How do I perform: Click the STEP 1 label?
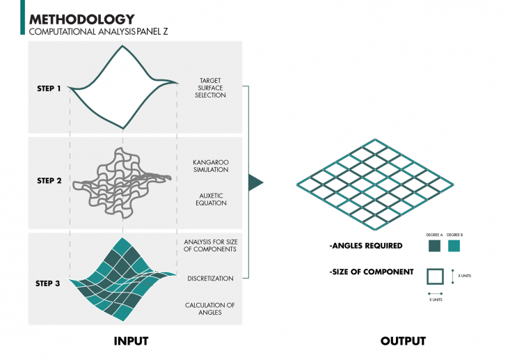pos(49,88)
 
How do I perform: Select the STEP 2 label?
pos(49,181)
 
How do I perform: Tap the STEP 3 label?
pos(49,283)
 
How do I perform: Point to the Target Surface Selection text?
pos(212,88)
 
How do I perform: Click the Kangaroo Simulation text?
pos(211,165)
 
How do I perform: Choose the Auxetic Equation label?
pos(211,199)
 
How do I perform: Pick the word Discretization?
pos(210,279)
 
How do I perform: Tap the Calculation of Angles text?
pos(209,308)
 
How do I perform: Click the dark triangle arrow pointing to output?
pos(255,182)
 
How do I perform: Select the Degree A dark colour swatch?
pos(435,246)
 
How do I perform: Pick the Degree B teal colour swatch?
pos(454,246)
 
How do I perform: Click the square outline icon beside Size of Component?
pos(435,276)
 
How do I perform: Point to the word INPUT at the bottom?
pos(131,341)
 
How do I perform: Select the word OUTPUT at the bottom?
pos(403,341)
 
